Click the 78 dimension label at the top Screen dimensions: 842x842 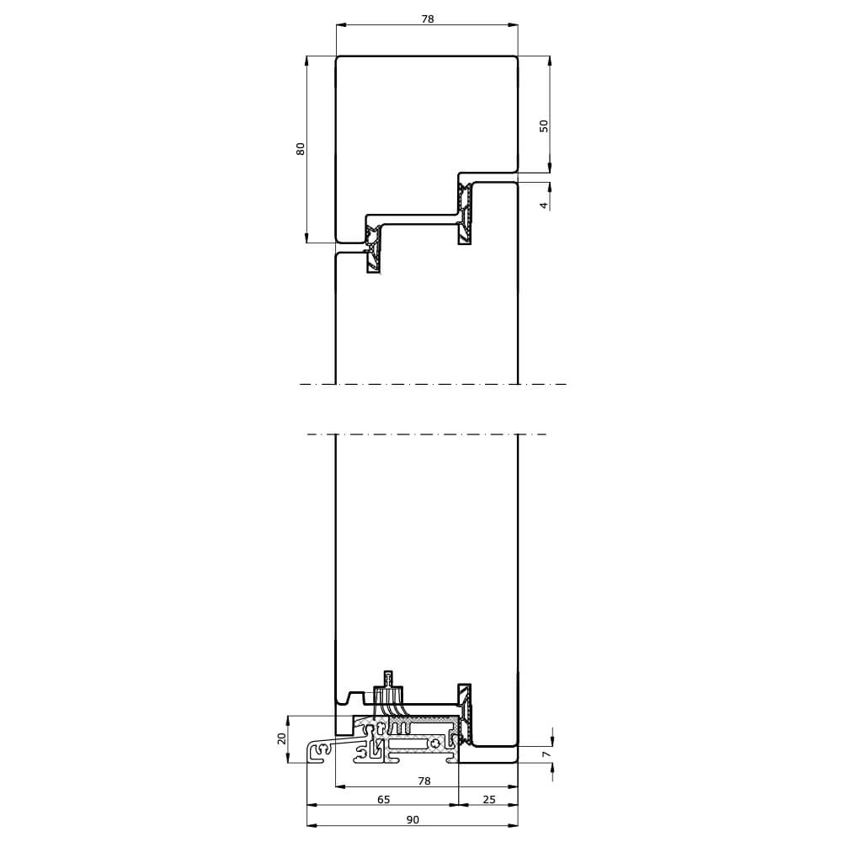coord(427,19)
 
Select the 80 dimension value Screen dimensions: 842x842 coord(301,149)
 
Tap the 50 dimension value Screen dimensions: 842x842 coord(543,126)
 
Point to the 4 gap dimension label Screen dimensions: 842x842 coord(543,205)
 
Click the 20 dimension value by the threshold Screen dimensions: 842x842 coord(282,738)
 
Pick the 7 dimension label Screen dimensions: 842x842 coord(546,754)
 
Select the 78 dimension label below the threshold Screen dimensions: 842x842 coord(424,781)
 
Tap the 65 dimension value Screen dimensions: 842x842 coord(383,800)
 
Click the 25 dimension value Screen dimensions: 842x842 coord(488,800)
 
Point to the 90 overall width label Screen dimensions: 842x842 coord(413,820)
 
